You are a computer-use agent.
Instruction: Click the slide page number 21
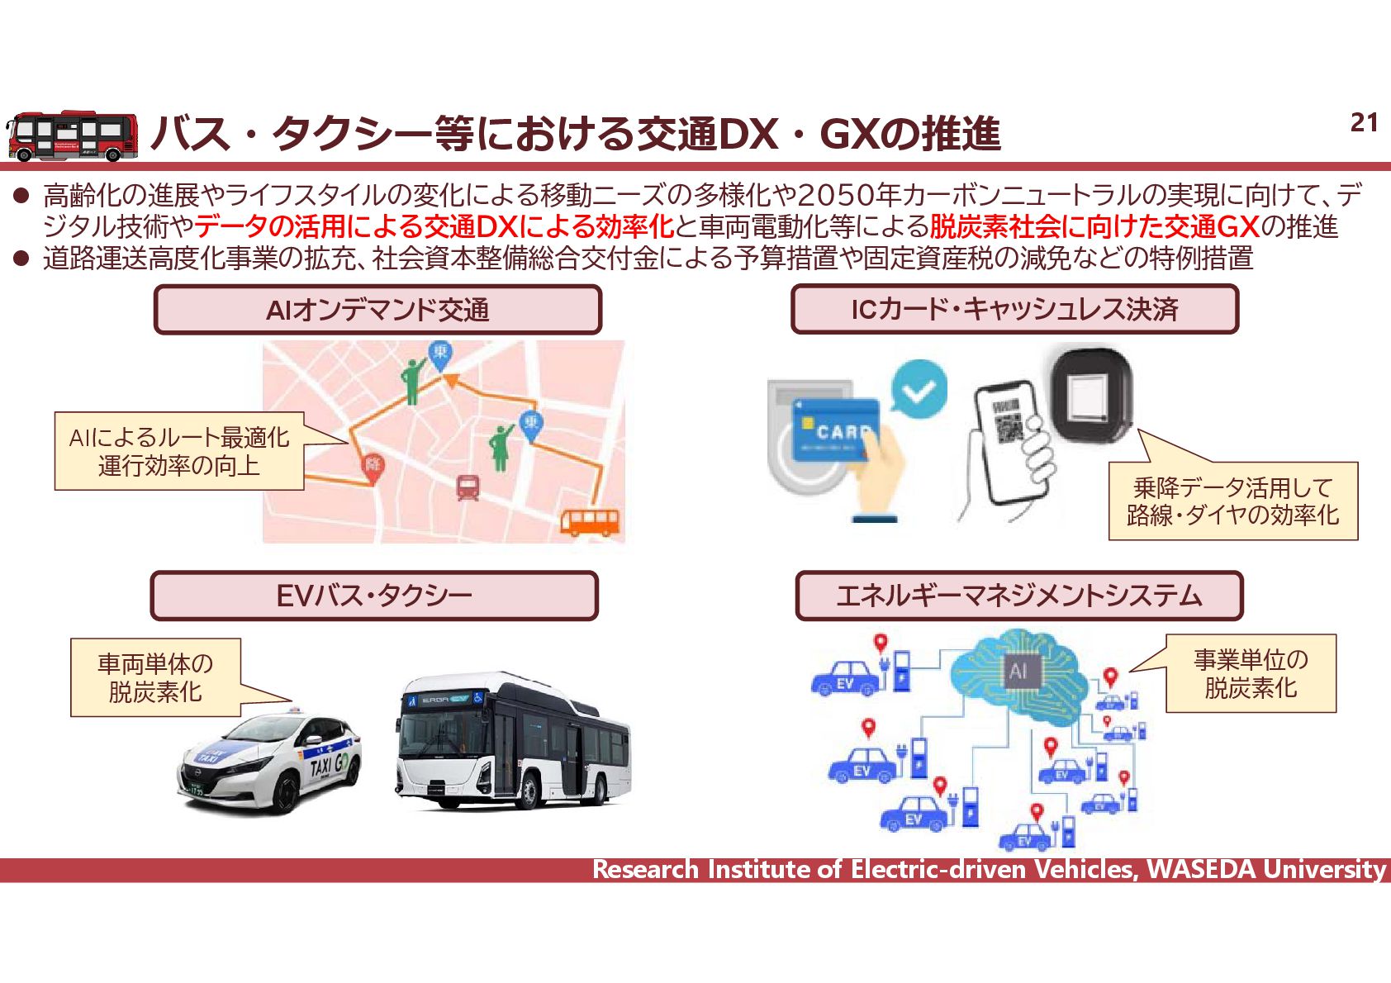(1364, 123)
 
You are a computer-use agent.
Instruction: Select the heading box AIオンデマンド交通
(377, 310)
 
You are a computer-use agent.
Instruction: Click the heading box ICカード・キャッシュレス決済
(1014, 309)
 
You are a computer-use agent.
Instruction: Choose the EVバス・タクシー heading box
(373, 596)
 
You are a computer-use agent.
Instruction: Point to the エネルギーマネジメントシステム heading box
(1018, 596)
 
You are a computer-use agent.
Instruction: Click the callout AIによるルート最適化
(179, 451)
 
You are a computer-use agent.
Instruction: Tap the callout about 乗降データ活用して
(1232, 501)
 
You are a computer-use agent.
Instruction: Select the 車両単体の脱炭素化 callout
(155, 677)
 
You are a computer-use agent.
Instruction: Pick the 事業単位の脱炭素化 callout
(1251, 673)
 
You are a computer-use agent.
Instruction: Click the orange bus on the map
(590, 522)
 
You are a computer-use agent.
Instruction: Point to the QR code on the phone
(1008, 422)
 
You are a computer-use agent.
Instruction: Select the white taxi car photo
(270, 763)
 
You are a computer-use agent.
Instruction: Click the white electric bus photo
(512, 741)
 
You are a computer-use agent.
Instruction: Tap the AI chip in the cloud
(1018, 671)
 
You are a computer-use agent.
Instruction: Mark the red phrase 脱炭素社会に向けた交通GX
(1094, 226)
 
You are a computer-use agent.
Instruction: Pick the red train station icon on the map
(468, 487)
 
